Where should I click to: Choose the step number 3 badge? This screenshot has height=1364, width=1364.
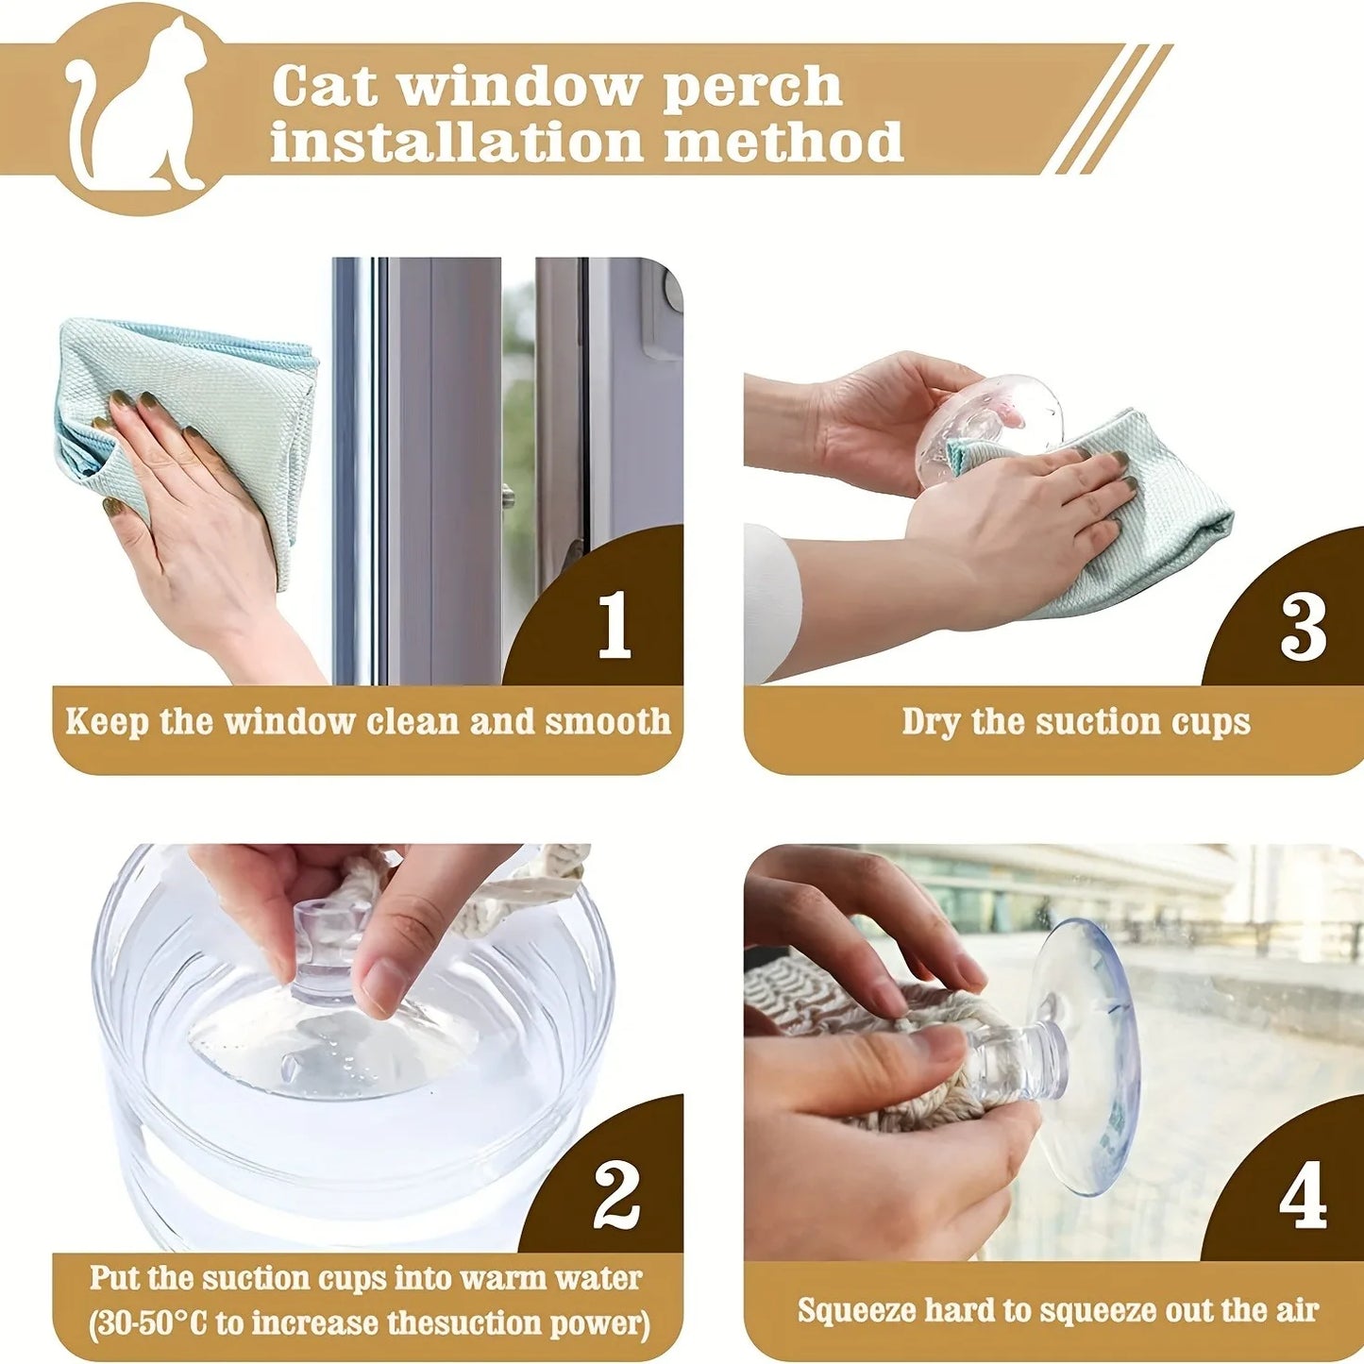click(1303, 628)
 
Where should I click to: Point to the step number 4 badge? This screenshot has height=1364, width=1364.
click(1303, 1199)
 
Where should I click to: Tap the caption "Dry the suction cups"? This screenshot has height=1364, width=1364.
click(1075, 722)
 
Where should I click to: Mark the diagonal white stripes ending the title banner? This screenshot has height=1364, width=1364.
click(1109, 109)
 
